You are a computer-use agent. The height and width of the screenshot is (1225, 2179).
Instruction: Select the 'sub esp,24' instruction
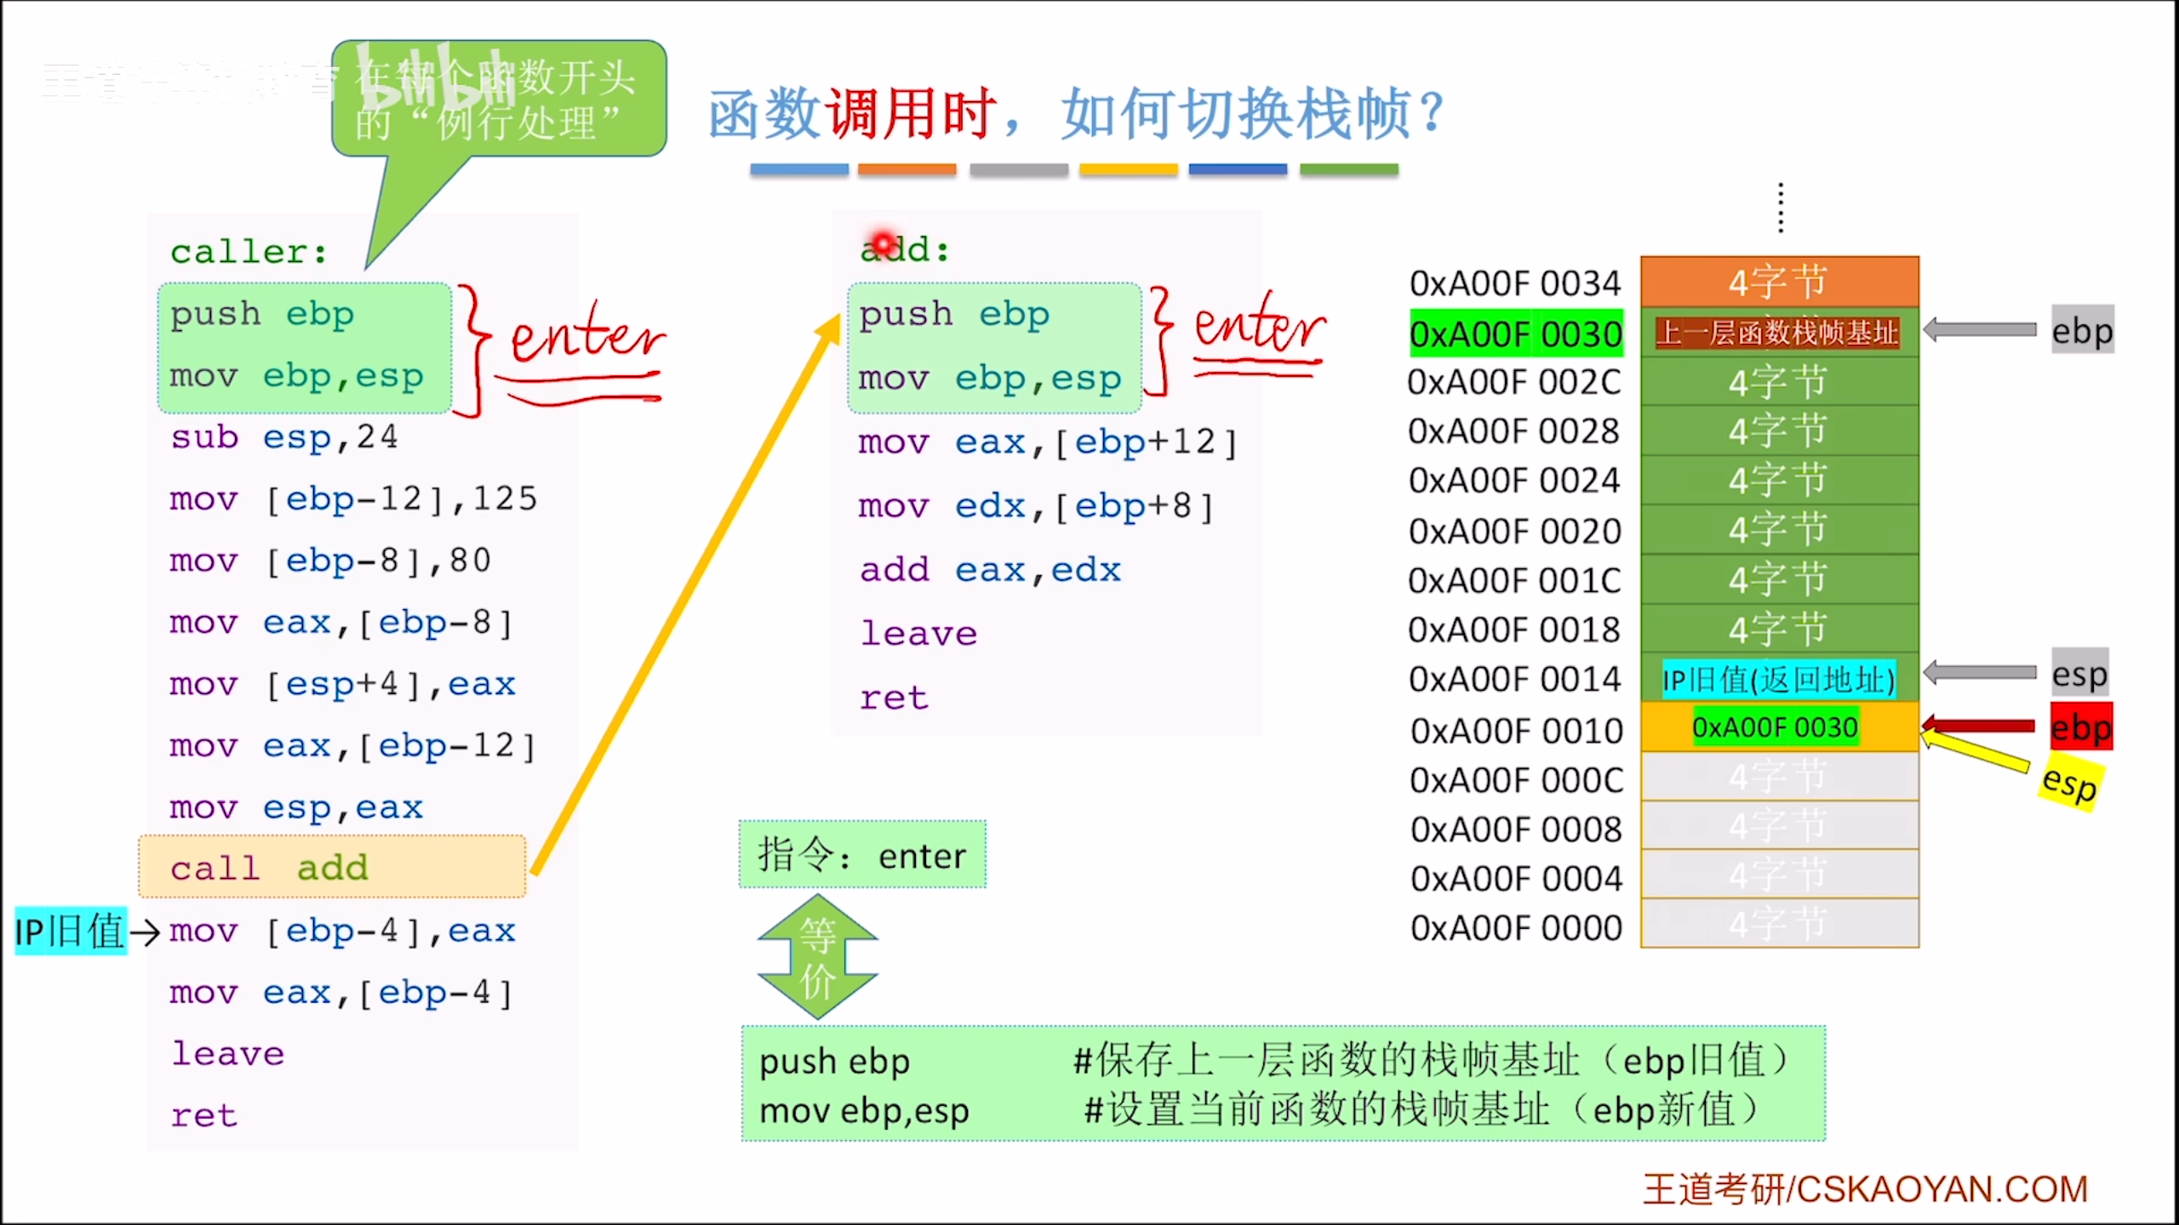tap(284, 437)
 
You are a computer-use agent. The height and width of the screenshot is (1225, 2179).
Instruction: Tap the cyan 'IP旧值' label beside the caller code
tap(71, 931)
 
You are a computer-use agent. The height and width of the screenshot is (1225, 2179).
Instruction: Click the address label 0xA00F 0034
tap(1515, 283)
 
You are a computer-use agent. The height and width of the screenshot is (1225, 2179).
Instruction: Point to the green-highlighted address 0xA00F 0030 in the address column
tap(1516, 333)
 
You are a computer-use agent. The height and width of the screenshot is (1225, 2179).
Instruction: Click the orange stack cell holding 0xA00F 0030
tap(1777, 728)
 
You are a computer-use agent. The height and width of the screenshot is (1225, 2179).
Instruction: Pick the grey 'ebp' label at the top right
tap(2082, 330)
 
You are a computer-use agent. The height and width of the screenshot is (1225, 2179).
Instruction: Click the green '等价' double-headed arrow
tap(817, 957)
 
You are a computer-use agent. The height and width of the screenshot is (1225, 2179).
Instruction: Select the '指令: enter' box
tap(862, 855)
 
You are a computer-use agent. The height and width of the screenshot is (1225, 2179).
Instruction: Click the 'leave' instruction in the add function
tap(918, 634)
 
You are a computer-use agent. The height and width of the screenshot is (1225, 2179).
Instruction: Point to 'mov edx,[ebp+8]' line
tap(1035, 507)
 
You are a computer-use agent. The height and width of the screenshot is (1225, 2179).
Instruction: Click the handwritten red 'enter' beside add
tap(1259, 327)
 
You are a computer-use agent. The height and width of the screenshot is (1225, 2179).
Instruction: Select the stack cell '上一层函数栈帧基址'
tap(1777, 333)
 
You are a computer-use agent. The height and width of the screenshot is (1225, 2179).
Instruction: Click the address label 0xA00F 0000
tap(1516, 928)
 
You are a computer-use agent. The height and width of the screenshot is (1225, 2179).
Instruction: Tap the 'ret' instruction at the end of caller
tap(204, 1115)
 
